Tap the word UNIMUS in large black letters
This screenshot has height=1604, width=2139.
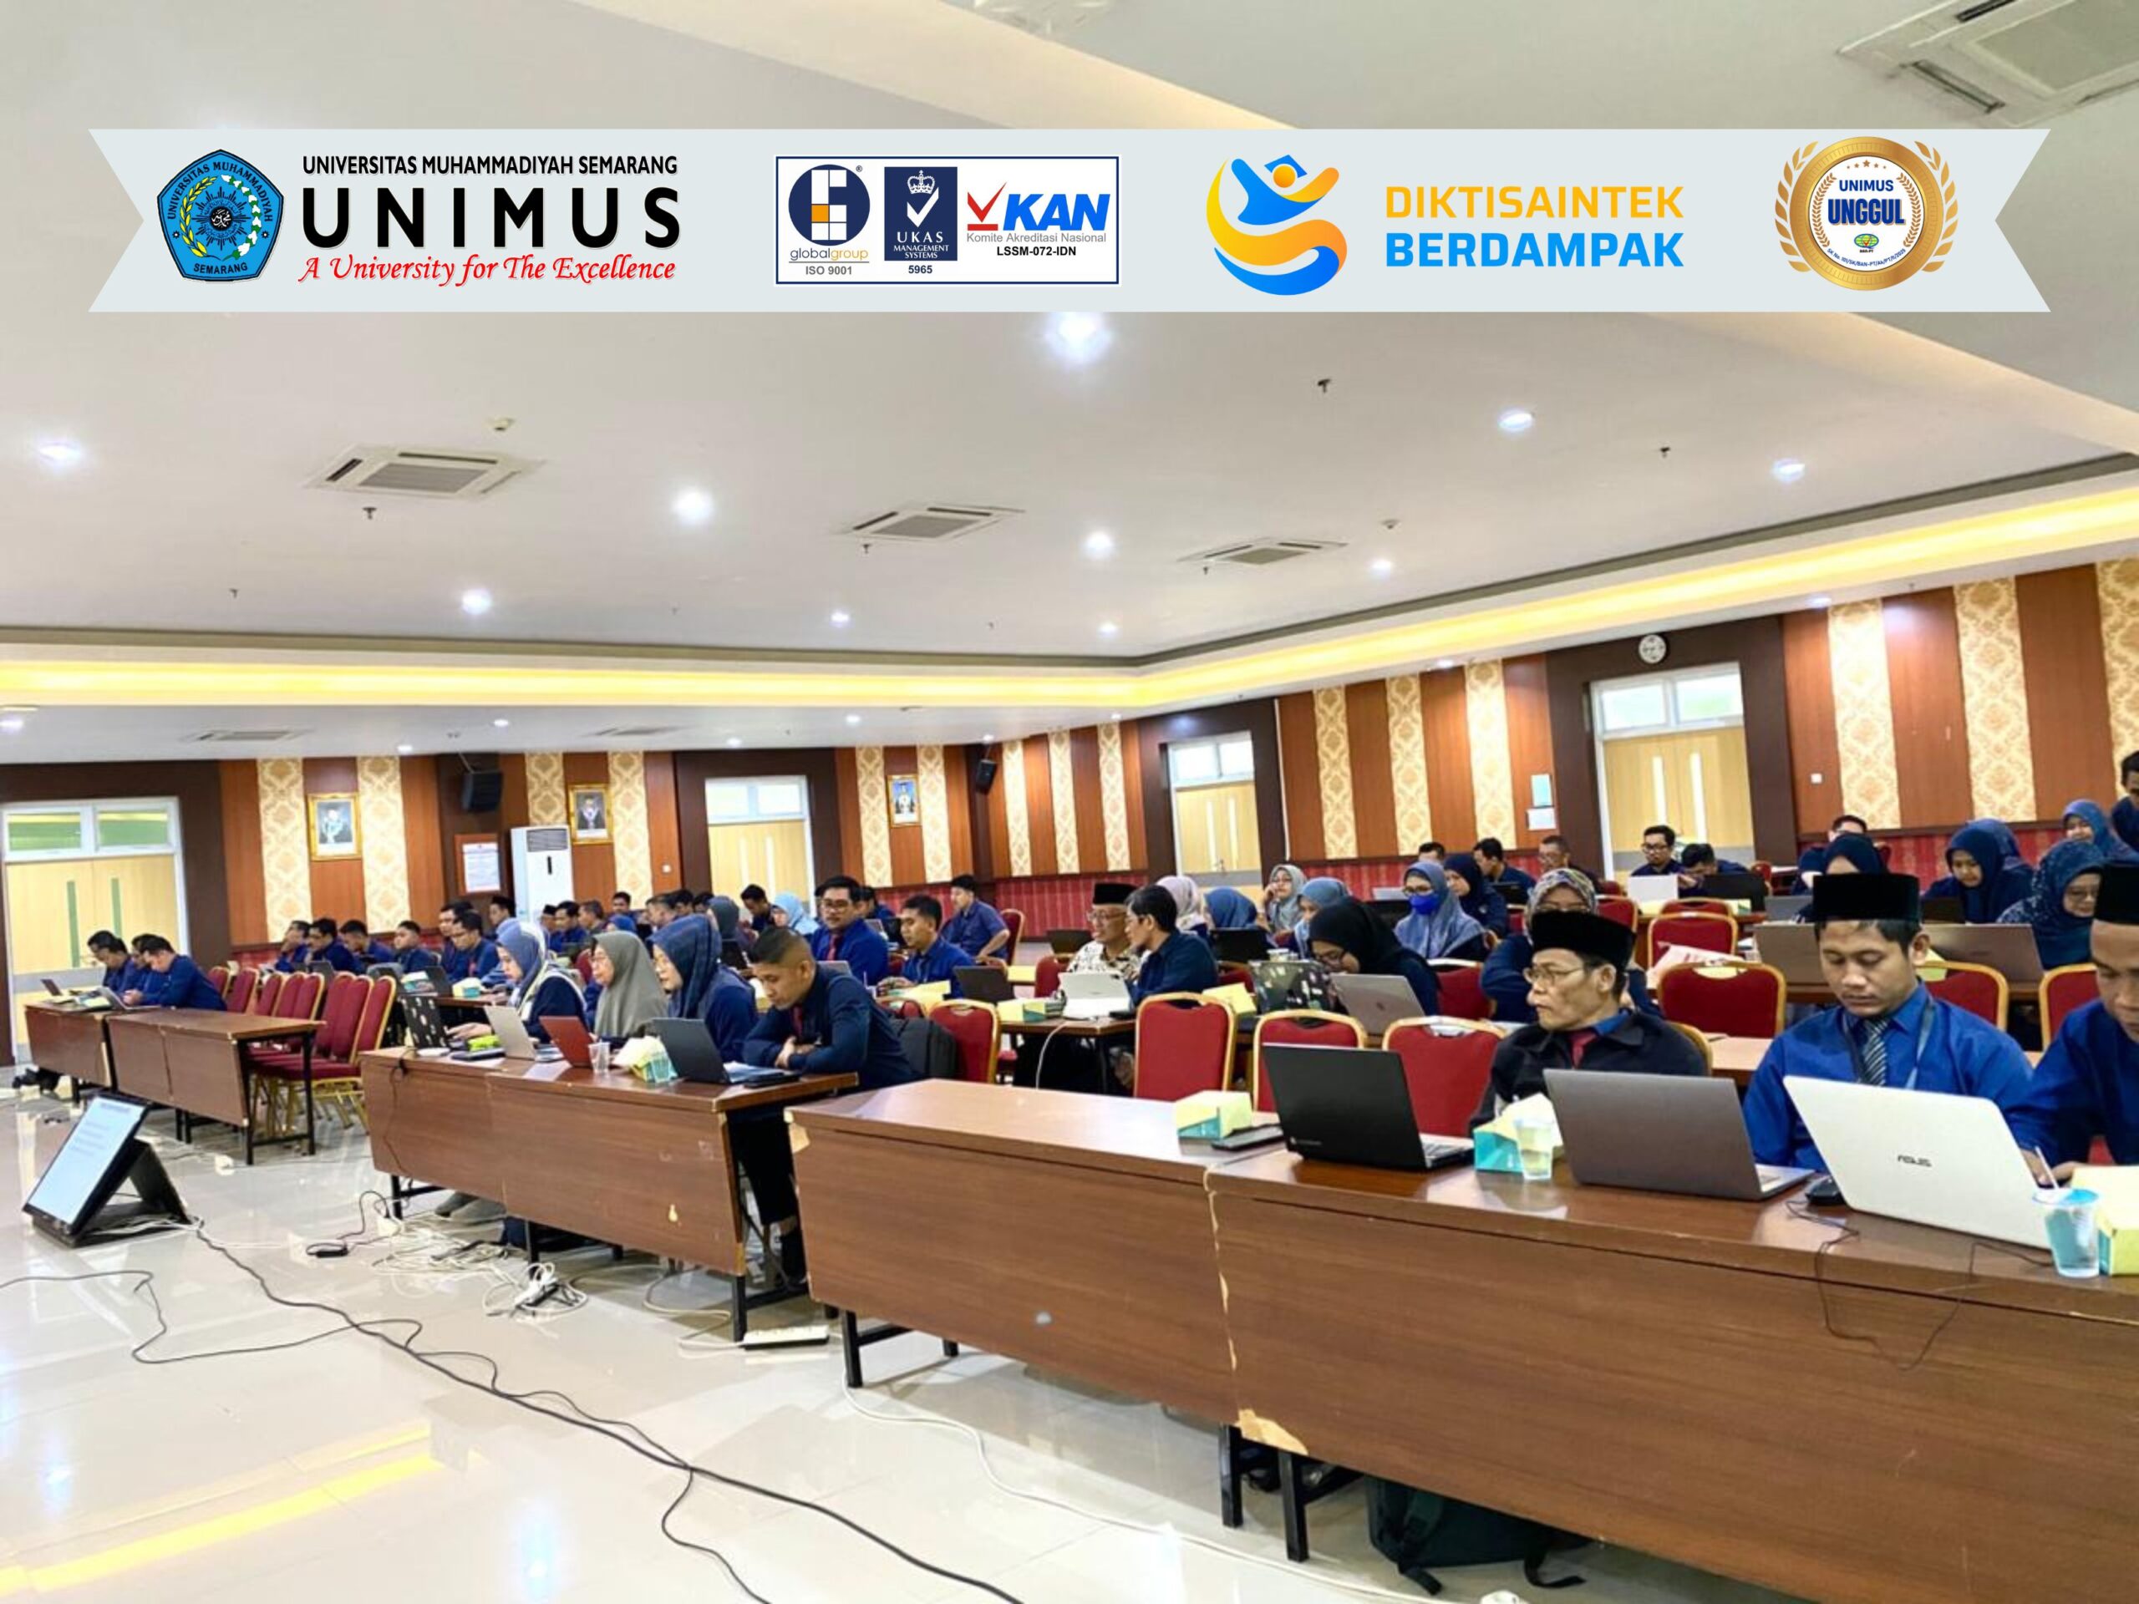[x=490, y=216]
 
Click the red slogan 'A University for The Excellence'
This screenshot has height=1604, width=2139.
[x=486, y=269]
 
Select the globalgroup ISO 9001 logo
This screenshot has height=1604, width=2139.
[x=829, y=221]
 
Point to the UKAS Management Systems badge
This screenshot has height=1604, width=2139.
[x=920, y=214]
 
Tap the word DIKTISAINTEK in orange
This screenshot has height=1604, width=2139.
[x=1534, y=203]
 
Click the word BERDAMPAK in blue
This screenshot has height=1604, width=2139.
[x=1534, y=251]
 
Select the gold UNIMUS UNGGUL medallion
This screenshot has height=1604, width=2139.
[x=1865, y=215]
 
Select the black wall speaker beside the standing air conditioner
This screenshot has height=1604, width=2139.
[x=480, y=790]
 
